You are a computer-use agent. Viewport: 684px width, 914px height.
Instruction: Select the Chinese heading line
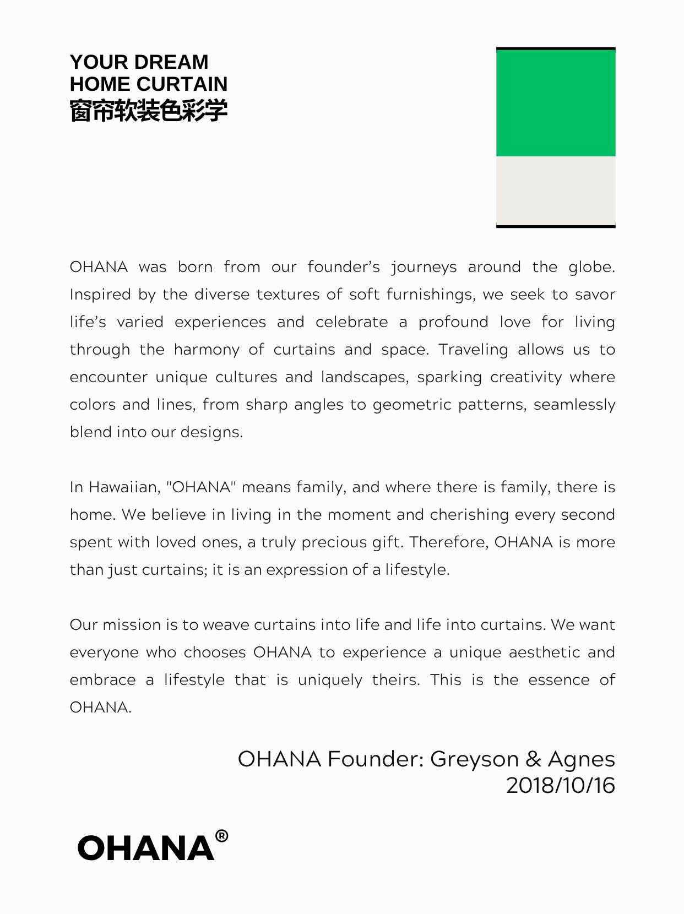148,110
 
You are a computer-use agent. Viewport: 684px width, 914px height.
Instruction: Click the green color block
556,103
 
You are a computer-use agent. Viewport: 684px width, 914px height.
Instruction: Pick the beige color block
556,190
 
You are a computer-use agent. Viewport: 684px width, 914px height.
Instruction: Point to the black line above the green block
556,48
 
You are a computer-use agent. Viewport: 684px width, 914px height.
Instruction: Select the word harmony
207,350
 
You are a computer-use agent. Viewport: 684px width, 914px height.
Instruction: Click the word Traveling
473,350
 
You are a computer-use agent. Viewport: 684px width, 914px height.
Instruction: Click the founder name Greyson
474,759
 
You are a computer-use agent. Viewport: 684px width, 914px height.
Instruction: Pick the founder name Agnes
581,759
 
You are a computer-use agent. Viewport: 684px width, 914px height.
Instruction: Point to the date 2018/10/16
560,785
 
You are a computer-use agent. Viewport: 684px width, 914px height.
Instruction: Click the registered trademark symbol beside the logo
221,836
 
